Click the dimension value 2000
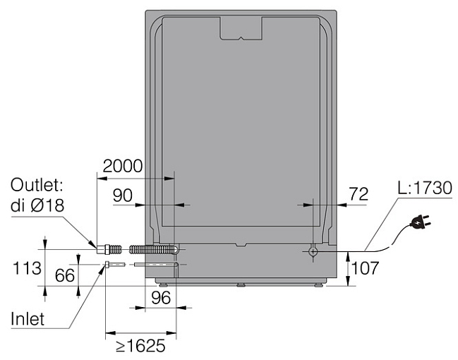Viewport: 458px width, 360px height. pos(123,167)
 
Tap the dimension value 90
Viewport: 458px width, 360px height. pos(123,196)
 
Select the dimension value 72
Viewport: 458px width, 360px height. pos(358,193)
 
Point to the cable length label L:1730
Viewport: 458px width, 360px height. pos(425,188)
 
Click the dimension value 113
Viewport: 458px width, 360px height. pos(27,268)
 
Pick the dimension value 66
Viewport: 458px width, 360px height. pos(65,275)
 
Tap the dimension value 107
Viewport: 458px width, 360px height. pos(365,268)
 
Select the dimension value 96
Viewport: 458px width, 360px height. pos(161,298)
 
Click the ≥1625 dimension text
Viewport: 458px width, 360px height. pos(141,346)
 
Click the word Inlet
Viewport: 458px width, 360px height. pos(28,319)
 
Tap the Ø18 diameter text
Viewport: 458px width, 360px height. pos(47,205)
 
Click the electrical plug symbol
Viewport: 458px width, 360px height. pos(420,222)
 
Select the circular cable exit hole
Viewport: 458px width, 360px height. pos(313,251)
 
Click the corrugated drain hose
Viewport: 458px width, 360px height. pos(152,250)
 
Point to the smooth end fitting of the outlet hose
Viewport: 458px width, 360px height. pos(101,250)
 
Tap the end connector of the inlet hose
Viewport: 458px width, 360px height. pos(107,265)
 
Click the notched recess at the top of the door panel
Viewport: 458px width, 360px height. pos(241,28)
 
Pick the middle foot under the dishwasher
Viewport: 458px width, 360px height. pos(241,284)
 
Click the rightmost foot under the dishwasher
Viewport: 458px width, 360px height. pos(319,285)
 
